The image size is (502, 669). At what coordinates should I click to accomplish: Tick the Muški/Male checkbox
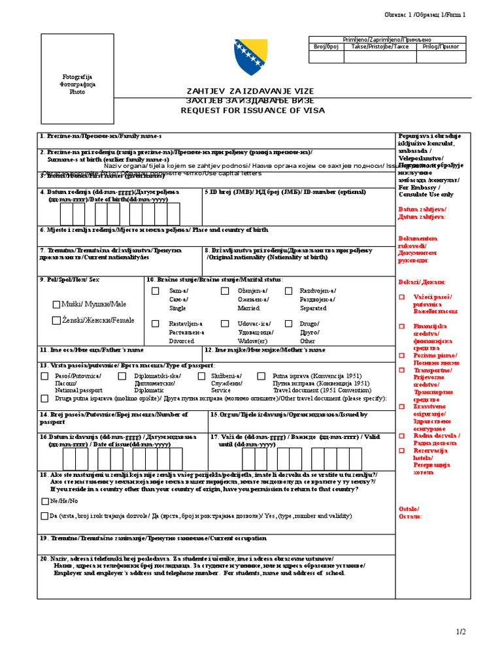click(57, 304)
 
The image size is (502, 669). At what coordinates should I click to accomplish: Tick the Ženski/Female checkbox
click(57, 321)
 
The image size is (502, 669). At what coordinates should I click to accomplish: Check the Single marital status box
click(155, 291)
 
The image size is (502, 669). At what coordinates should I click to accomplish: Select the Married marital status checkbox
click(224, 291)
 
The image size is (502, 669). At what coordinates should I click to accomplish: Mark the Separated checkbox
click(286, 291)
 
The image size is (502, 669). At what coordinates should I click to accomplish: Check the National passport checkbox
click(44, 376)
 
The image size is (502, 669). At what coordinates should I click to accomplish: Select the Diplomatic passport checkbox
click(122, 376)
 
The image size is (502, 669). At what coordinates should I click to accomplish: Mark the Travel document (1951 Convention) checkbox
click(261, 376)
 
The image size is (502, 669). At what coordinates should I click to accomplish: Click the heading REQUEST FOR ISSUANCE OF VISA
click(252, 111)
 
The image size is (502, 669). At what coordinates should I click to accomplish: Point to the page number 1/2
click(460, 631)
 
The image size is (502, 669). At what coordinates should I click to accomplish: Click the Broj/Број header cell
click(326, 48)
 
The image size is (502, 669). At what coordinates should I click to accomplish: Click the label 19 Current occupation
click(154, 539)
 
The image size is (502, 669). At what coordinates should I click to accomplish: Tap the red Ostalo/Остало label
click(410, 512)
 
